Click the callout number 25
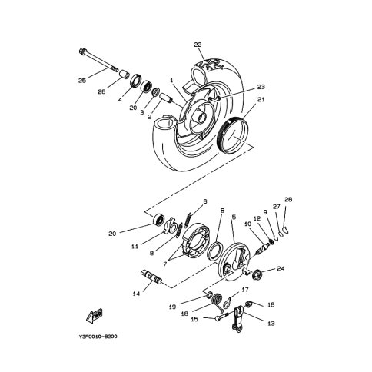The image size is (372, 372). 82,81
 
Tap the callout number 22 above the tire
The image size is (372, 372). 198,45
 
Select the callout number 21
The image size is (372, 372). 261,99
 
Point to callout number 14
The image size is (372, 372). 136,294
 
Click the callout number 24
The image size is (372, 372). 281,268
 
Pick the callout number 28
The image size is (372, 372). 288,199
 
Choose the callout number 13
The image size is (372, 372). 271,324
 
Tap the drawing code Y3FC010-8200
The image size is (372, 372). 98,337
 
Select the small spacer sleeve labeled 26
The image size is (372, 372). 124,75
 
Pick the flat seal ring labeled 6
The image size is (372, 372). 214,251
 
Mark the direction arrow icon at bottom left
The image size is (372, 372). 95,315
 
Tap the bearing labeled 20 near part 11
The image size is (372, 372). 158,220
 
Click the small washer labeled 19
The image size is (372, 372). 209,296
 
